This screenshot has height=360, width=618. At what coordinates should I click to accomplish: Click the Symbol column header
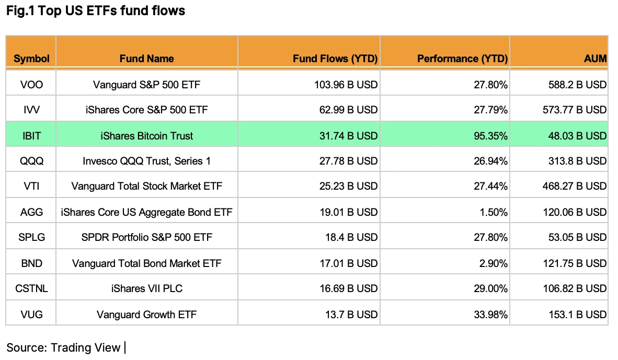coord(31,59)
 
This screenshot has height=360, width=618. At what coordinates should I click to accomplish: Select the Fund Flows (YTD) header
coord(335,59)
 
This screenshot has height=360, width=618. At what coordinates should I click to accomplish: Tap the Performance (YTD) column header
coord(462,59)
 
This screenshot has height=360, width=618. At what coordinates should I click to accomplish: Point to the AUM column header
coord(595,59)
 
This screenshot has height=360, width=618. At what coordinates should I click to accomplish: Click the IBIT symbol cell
coord(31,136)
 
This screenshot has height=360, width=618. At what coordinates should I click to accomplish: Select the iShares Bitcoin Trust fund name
coord(146,136)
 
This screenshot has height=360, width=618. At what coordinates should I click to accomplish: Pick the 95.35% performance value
coord(491,136)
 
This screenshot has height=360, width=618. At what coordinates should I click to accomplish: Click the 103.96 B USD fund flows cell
coord(346,85)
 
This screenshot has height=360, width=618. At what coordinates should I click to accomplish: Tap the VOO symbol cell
coord(31,85)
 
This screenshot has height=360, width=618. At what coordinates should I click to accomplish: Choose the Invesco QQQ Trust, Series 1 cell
coord(146,161)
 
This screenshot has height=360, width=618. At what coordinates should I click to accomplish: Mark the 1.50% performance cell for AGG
coord(494,212)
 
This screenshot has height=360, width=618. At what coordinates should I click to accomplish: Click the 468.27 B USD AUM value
coord(574,186)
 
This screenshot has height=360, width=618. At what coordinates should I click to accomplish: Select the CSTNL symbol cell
coord(31,288)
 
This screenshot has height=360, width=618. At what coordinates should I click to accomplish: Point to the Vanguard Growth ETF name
coord(146,315)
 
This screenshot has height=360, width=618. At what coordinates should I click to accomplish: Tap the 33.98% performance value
coord(491,315)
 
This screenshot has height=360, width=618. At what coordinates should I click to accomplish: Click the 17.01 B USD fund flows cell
coord(348,263)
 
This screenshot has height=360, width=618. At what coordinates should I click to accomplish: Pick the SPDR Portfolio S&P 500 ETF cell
coord(146,237)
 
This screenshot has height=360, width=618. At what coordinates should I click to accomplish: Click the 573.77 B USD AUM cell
coord(574,110)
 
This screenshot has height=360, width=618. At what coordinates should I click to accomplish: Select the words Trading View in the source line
coord(86,347)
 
